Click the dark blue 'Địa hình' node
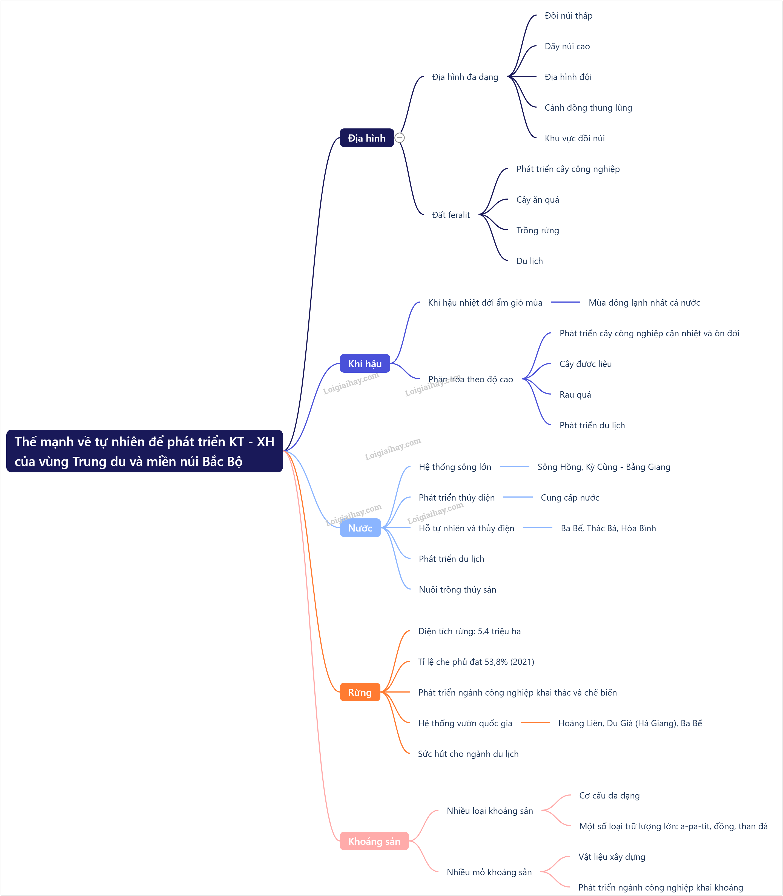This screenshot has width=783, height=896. click(x=367, y=138)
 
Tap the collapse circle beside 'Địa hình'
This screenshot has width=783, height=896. click(x=399, y=138)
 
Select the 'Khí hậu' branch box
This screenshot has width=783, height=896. click(x=365, y=363)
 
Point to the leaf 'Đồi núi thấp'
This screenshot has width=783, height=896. click(x=569, y=16)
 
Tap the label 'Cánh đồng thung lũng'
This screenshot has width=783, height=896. click(x=588, y=107)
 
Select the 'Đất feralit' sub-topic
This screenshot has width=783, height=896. click(x=451, y=215)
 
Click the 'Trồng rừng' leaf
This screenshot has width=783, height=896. click(x=537, y=230)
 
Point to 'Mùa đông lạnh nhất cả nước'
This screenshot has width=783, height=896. click(x=644, y=303)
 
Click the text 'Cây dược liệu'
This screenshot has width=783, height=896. click(x=586, y=364)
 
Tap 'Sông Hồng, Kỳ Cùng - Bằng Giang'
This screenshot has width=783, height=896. click(x=604, y=467)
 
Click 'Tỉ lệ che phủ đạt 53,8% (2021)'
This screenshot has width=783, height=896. click(x=476, y=662)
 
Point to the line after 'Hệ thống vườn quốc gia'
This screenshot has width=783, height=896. click(x=535, y=723)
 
